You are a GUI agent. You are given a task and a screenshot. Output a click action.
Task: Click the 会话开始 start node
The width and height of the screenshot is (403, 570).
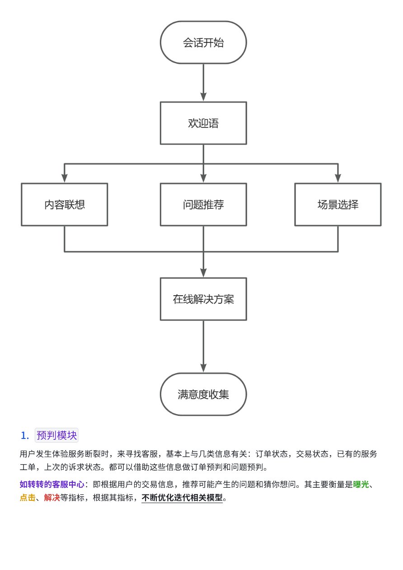pos(203,42)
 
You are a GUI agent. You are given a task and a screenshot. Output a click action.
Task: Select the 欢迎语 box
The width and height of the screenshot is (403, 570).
pos(203,123)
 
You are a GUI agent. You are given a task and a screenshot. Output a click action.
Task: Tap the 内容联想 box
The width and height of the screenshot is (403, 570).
pos(64,204)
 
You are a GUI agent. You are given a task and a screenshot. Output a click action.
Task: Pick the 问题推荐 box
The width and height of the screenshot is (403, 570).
pos(203,204)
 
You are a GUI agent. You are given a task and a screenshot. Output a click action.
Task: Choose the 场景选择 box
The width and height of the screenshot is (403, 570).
pos(338,204)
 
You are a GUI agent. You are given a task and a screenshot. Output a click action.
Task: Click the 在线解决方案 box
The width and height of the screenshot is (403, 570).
pos(203,299)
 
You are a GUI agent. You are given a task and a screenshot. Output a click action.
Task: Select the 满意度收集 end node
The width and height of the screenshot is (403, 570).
pos(203,394)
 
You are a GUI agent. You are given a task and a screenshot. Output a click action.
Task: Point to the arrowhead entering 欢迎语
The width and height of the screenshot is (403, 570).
pos(203,97)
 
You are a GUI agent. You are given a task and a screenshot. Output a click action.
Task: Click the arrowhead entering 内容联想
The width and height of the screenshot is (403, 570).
pos(64,178)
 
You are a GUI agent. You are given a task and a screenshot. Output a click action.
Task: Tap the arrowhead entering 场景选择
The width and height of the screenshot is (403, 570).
pos(338,178)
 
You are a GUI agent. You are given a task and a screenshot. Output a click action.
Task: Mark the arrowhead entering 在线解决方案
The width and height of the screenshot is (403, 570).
pos(203,273)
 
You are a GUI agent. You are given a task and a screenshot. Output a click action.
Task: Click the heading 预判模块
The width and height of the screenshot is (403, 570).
pos(56,435)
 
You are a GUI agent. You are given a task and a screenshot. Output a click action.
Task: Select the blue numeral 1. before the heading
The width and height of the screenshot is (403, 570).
pos(25,436)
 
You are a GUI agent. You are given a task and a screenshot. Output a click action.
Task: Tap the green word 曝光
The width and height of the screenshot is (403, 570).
pos(361,485)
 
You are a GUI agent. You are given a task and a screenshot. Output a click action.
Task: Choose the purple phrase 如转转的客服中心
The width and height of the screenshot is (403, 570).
pos(52,485)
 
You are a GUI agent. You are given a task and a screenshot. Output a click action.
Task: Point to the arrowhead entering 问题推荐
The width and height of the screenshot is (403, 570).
pos(203,178)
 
